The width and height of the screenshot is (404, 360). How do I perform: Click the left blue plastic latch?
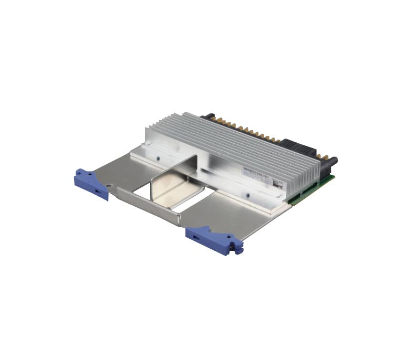(91, 183)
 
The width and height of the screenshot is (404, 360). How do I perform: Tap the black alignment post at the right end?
(331, 163)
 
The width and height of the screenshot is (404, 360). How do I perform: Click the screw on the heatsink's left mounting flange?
(158, 155)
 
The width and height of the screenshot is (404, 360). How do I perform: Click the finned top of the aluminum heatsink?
(221, 142)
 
